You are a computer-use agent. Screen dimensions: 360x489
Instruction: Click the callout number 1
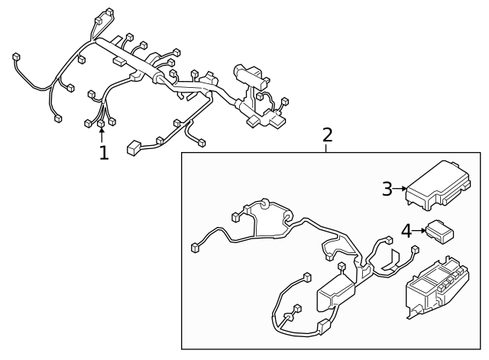pos(103,152)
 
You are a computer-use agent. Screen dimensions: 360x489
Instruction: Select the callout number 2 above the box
pos(327,135)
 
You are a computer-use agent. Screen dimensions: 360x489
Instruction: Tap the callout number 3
pos(387,188)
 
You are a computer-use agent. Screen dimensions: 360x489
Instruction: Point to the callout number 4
pos(406,229)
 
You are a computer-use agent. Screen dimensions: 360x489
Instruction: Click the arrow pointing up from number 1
pos(102,135)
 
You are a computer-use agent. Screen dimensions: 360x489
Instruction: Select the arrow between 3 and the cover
pos(399,188)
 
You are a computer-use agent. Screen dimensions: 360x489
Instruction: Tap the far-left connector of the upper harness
pos(16,57)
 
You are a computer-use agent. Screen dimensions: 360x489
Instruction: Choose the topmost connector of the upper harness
pos(106,13)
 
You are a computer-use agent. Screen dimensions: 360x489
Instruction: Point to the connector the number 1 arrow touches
pos(101,122)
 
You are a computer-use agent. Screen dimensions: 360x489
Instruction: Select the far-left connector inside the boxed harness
pos(195,247)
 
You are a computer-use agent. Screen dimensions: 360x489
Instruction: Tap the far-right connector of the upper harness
pos(285,101)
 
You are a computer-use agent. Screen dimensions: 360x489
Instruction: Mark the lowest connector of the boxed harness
pos(323,329)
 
